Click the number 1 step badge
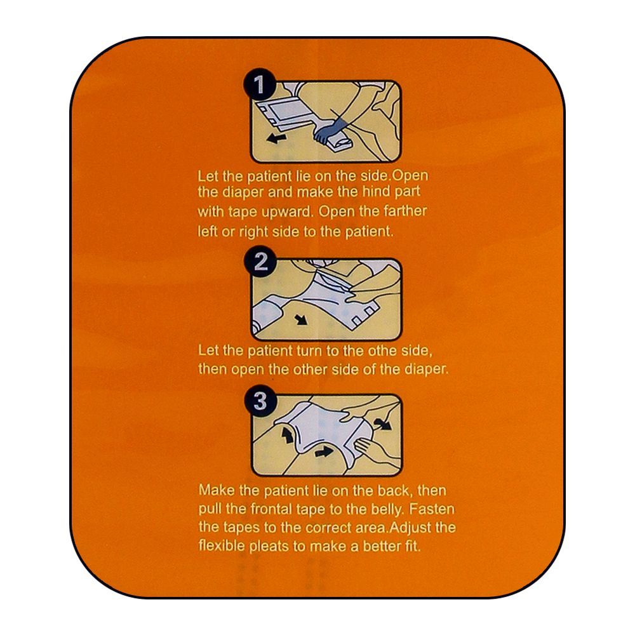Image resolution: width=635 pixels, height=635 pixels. point(260,84)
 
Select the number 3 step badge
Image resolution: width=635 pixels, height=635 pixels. point(260,401)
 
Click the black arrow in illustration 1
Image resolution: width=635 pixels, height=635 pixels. point(277,139)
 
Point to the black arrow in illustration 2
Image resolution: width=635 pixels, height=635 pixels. point(301,319)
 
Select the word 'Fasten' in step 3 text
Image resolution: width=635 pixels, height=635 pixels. point(432,509)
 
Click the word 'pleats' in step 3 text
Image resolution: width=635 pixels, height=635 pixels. point(269,547)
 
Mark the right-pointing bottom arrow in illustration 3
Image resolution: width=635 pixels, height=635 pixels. point(324,451)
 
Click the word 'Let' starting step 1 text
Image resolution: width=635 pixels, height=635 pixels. point(208,176)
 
